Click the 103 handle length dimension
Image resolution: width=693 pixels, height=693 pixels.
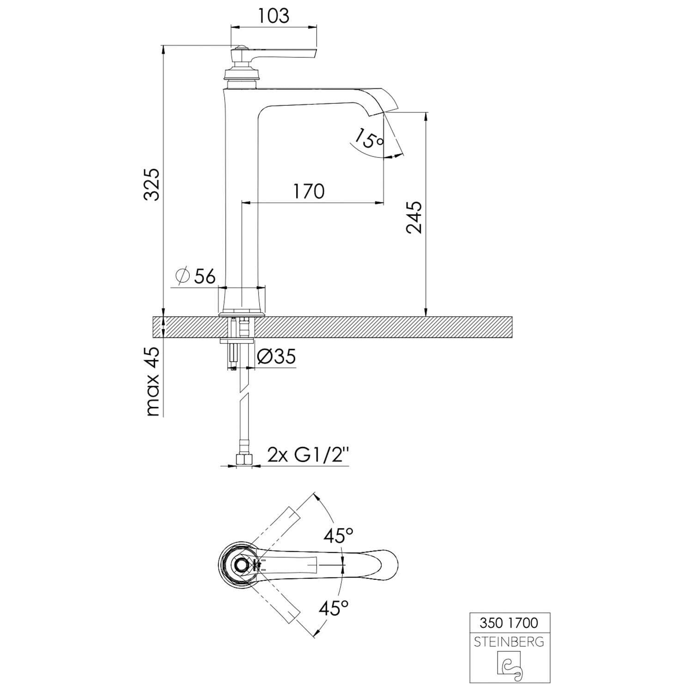click(x=274, y=15)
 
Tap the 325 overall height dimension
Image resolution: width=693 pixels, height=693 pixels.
click(x=152, y=184)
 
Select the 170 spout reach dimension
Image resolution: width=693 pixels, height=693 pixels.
click(x=309, y=191)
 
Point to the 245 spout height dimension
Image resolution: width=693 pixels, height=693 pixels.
click(x=414, y=217)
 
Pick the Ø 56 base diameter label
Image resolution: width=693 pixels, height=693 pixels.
click(x=195, y=276)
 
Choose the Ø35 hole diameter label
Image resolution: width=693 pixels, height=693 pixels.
click(x=276, y=356)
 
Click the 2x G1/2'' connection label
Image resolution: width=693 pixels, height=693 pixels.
click(x=308, y=456)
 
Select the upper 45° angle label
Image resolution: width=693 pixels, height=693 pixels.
click(x=338, y=536)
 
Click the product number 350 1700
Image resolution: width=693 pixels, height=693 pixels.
click(x=509, y=623)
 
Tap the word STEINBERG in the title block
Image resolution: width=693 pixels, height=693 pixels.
click(x=509, y=642)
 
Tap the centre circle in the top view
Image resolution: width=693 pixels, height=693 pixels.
click(x=241, y=565)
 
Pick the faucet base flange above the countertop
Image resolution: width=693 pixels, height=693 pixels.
click(x=242, y=315)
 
